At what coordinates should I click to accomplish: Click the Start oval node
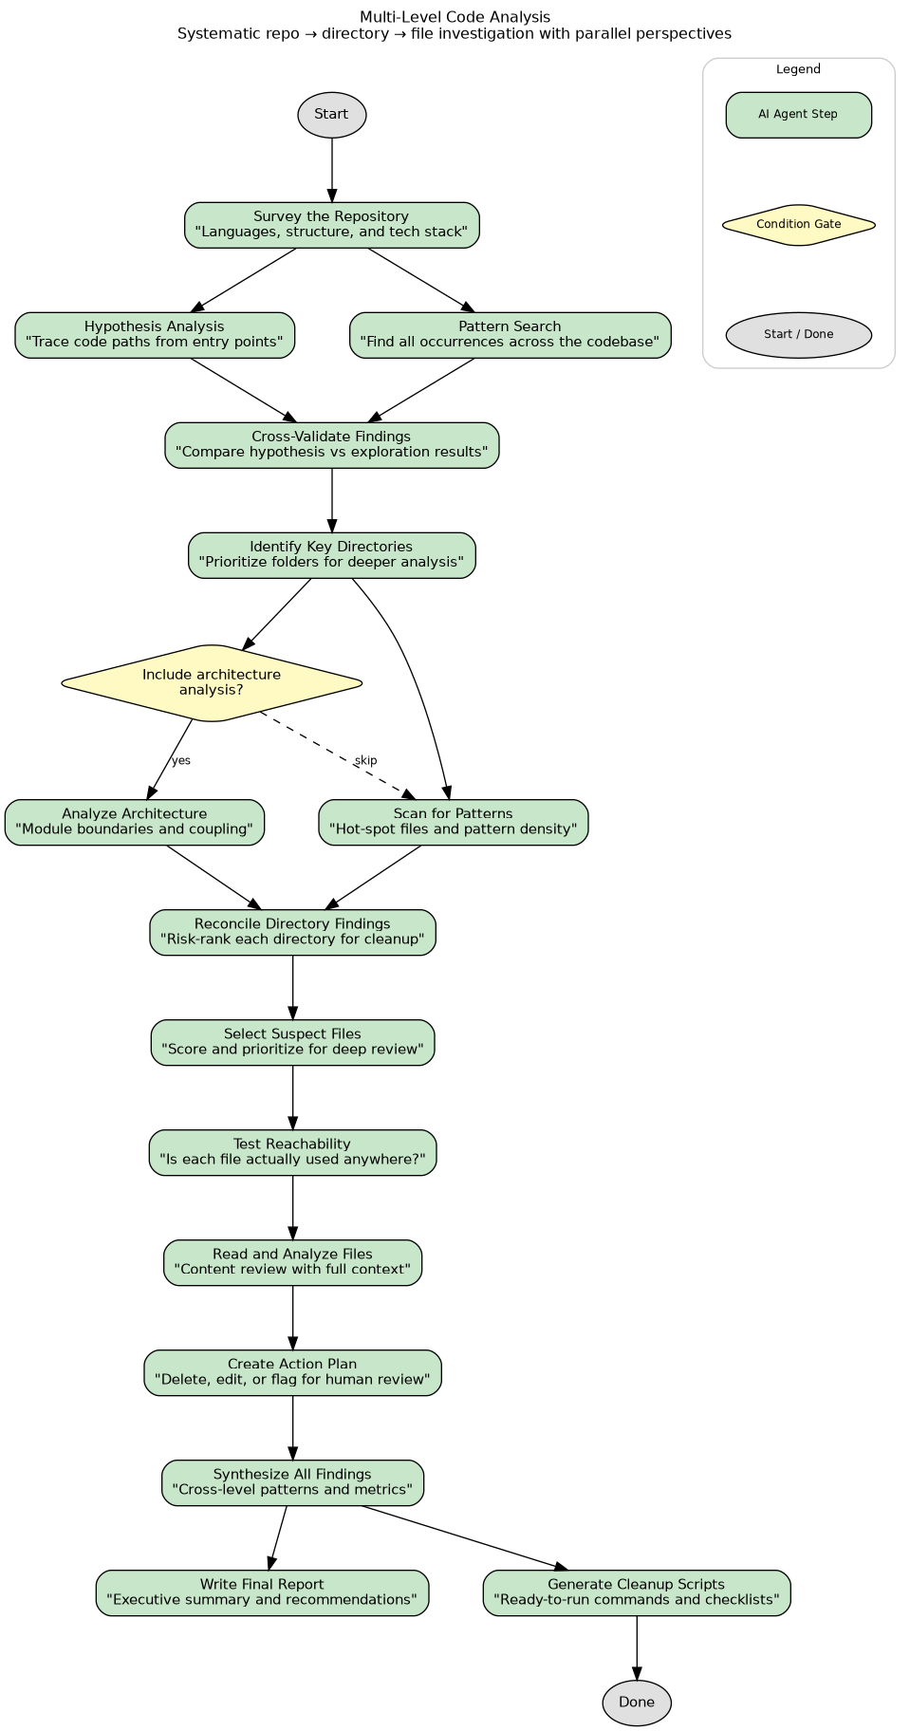pyautogui.click(x=331, y=115)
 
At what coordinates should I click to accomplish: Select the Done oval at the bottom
pyautogui.click(x=636, y=1703)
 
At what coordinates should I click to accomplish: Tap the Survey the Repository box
pyautogui.click(x=331, y=225)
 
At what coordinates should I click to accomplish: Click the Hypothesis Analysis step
pyautogui.click(x=155, y=335)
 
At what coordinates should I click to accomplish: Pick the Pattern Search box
pyautogui.click(x=510, y=335)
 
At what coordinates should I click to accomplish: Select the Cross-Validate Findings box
pyautogui.click(x=331, y=445)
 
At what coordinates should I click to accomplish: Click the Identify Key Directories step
pyautogui.click(x=331, y=555)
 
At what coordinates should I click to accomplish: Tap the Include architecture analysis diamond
pyautogui.click(x=212, y=682)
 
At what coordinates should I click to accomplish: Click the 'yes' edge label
pyautogui.click(x=180, y=761)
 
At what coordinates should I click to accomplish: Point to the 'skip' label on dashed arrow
pyautogui.click(x=365, y=761)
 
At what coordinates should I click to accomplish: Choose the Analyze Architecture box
pyautogui.click(x=135, y=822)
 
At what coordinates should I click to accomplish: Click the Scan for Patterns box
pyautogui.click(x=453, y=822)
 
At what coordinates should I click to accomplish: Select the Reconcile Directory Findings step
pyautogui.click(x=292, y=932)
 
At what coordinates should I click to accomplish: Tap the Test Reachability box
pyautogui.click(x=292, y=1152)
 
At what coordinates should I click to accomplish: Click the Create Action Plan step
pyautogui.click(x=292, y=1372)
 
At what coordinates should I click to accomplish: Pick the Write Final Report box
pyautogui.click(x=262, y=1592)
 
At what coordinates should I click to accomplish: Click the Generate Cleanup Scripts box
pyautogui.click(x=636, y=1592)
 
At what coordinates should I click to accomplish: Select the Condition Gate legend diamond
pyautogui.click(x=798, y=225)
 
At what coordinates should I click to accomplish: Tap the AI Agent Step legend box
pyautogui.click(x=798, y=115)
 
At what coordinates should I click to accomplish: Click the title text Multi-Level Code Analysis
pyautogui.click(x=455, y=17)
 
